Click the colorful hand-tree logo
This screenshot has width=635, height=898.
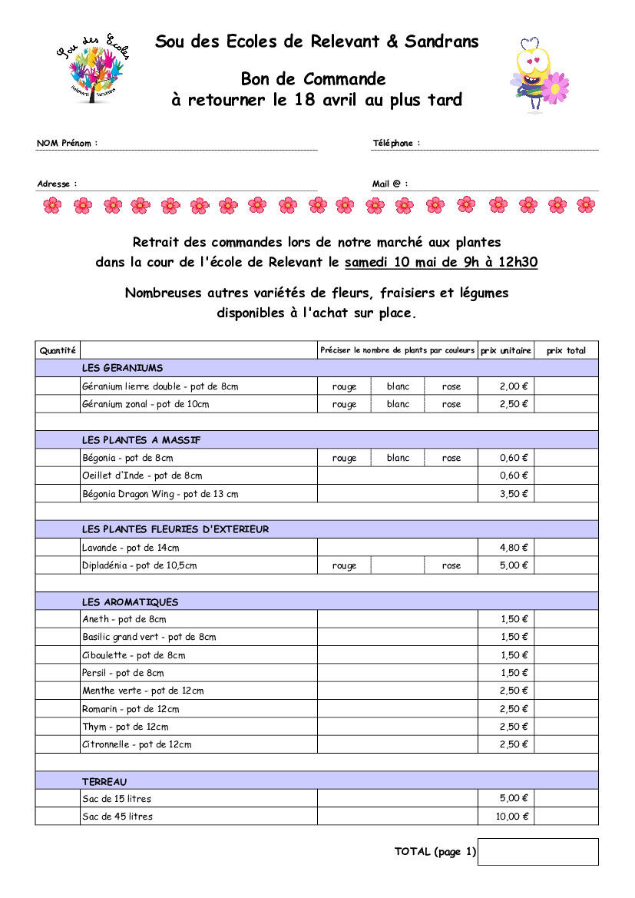[x=92, y=69]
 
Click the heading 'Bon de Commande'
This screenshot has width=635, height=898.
[x=313, y=79]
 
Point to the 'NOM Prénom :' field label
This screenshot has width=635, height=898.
[x=68, y=143]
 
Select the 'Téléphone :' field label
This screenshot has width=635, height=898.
[x=396, y=143]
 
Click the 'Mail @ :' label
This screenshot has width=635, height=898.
[x=390, y=184]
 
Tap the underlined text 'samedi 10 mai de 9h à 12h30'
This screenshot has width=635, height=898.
[x=441, y=262]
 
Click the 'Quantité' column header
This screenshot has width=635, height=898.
[x=58, y=350]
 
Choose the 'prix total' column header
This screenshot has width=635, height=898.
[x=566, y=350]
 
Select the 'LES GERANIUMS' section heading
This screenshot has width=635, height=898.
[x=122, y=368]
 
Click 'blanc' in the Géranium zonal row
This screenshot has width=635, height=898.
[x=398, y=404]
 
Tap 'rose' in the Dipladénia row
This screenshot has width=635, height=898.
[x=451, y=565]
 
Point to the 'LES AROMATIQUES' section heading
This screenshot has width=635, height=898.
[x=130, y=601]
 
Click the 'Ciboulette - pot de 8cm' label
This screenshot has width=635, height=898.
[x=134, y=655]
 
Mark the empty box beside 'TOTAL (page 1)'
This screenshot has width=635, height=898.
[x=537, y=851]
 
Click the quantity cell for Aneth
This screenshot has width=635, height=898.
[x=58, y=619]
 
